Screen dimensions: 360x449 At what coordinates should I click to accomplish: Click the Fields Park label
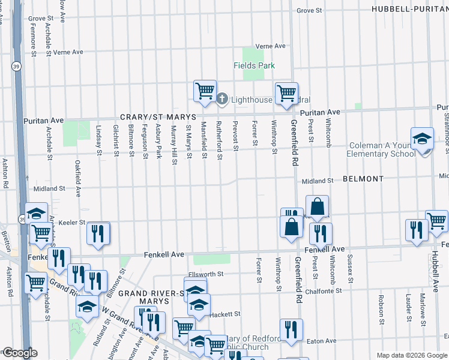[254, 65]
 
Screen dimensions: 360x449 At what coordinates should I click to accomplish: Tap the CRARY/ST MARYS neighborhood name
[158, 116]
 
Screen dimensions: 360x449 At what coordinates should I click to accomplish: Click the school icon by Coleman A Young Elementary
[422, 139]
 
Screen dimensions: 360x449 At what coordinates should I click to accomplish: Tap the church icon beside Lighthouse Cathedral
[221, 99]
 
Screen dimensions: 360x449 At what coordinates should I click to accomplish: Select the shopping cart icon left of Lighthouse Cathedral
[205, 91]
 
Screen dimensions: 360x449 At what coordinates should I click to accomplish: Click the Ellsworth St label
[206, 274]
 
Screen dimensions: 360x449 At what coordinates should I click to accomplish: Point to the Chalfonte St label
[323, 290]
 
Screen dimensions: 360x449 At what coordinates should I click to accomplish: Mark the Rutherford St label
[220, 141]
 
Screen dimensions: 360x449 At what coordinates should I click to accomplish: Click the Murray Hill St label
[174, 142]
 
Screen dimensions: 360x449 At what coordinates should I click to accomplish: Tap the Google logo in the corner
[19, 353]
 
